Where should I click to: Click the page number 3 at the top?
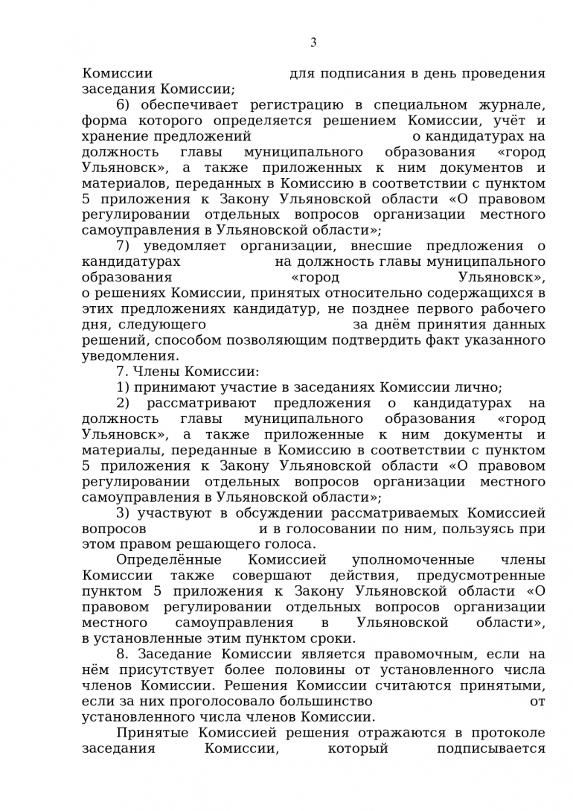[x=313, y=42]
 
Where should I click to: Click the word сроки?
[x=336, y=638]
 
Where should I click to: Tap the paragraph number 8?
[x=123, y=655]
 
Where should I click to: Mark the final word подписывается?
[x=491, y=748]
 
